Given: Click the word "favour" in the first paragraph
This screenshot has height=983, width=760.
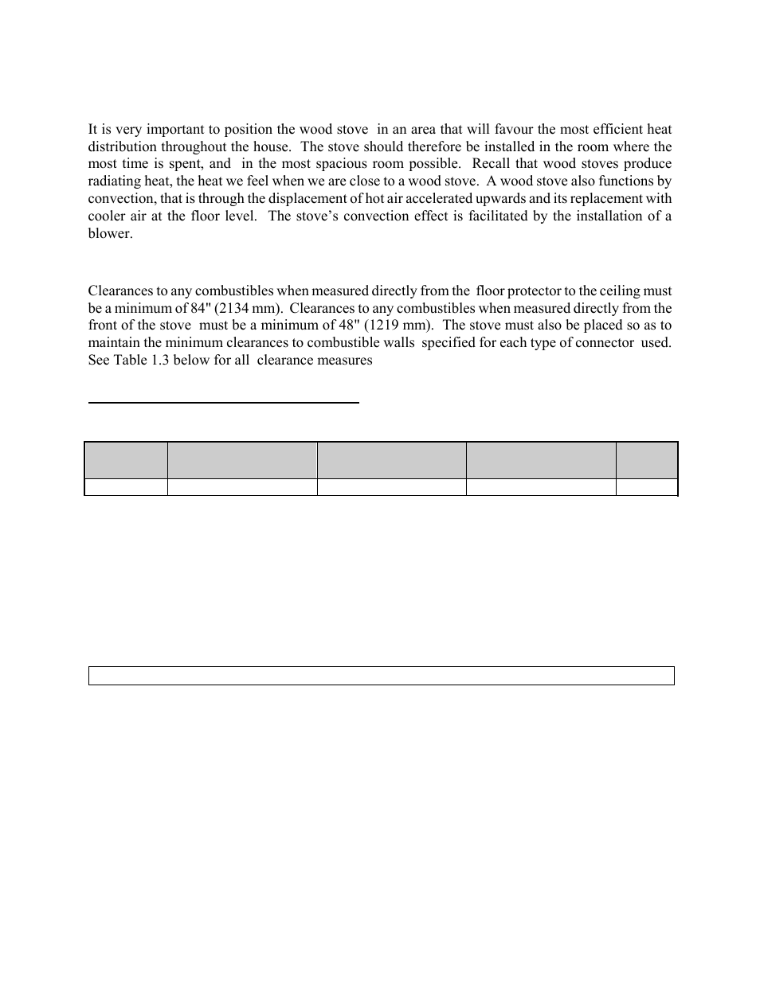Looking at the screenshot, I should [515, 129].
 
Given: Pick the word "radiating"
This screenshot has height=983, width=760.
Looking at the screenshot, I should [113, 181].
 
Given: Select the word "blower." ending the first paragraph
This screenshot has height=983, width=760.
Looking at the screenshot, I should [110, 234].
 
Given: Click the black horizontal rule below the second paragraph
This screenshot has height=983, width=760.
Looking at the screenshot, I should [223, 403].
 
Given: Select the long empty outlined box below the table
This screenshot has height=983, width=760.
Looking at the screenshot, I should [381, 676].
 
